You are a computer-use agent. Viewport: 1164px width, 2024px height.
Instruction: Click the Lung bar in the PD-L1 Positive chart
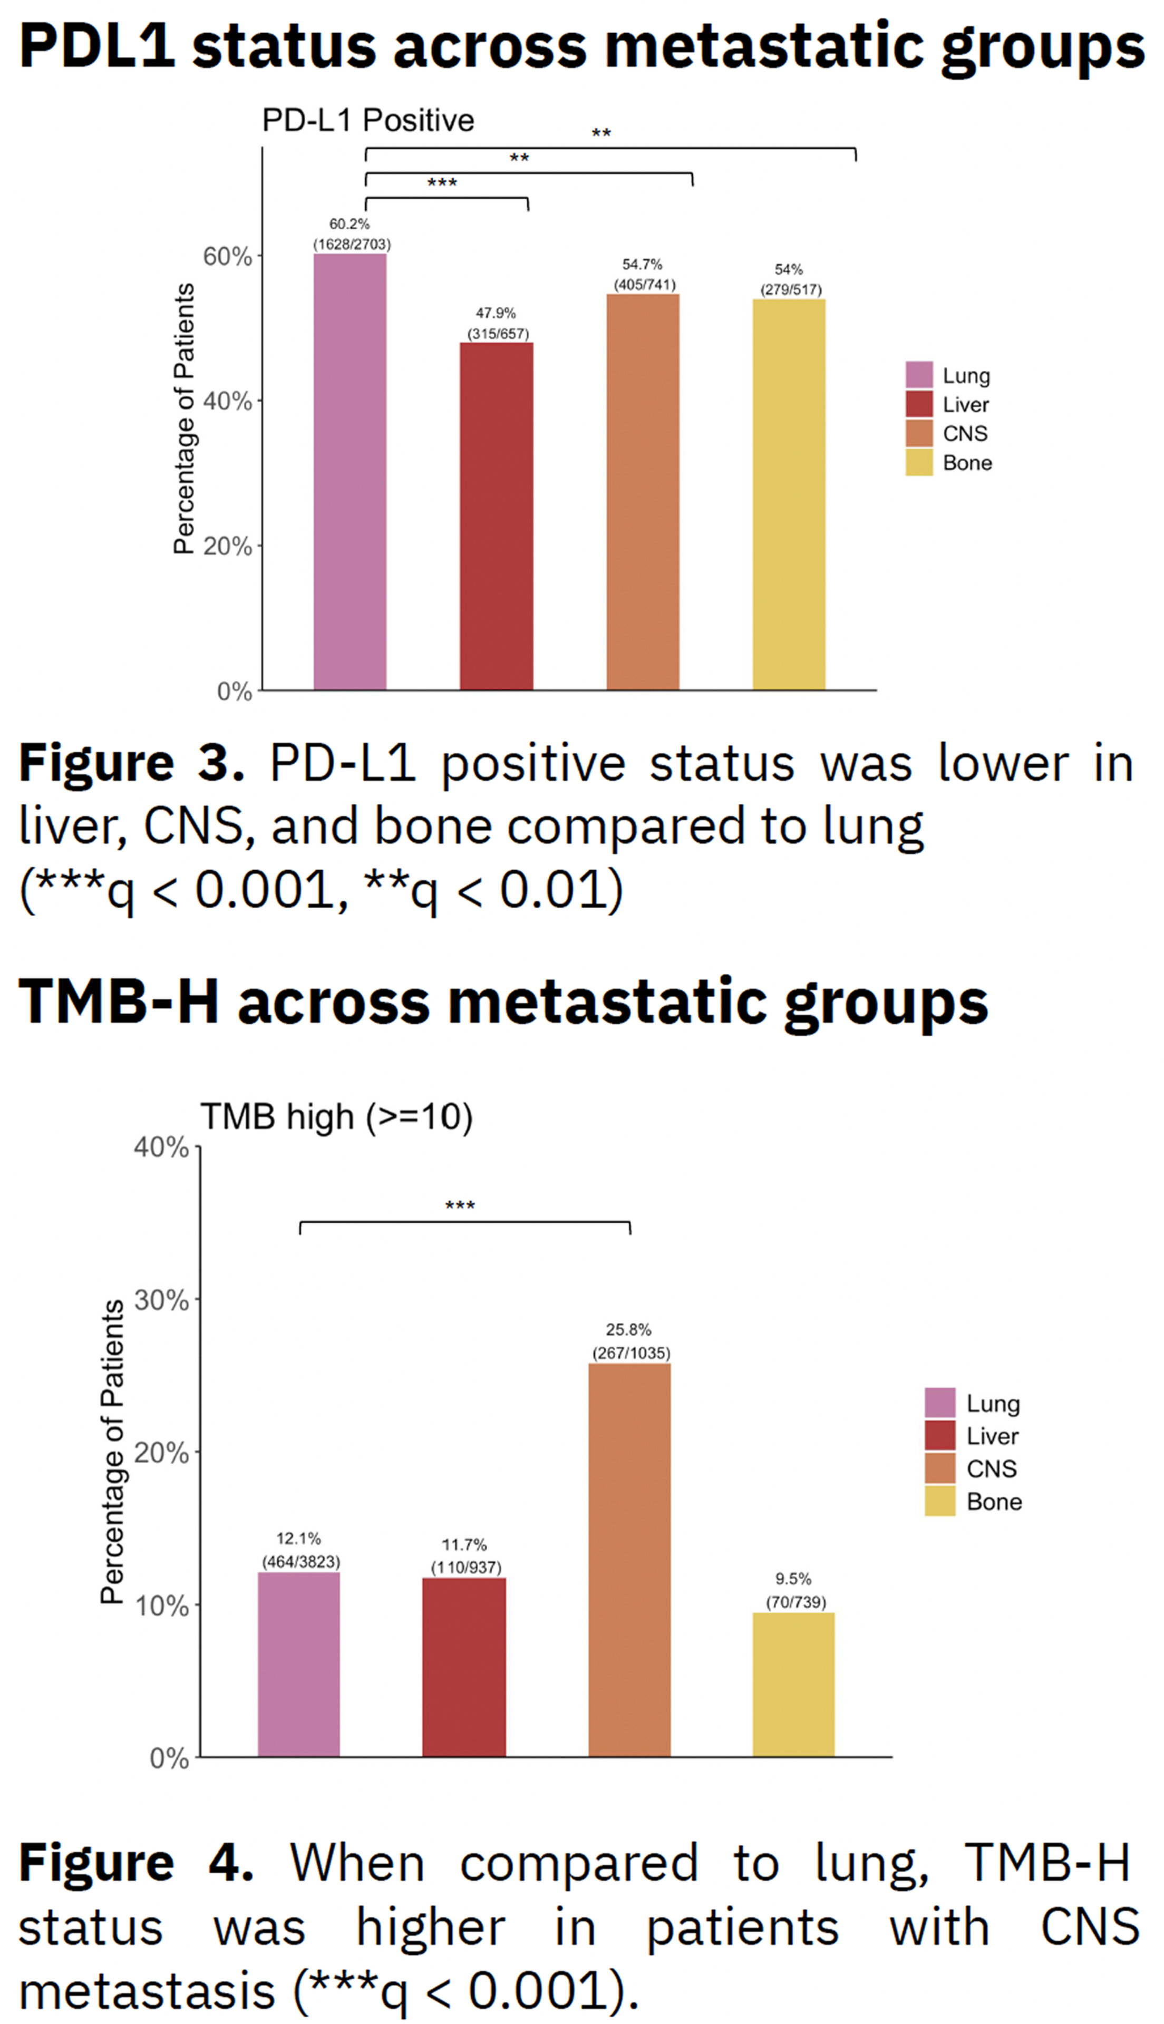tap(350, 471)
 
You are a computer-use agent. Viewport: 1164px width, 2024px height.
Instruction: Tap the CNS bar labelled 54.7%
tap(643, 491)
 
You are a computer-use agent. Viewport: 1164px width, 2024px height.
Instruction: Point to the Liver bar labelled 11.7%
tap(464, 1667)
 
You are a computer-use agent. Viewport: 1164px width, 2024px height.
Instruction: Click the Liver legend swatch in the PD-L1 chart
tap(918, 404)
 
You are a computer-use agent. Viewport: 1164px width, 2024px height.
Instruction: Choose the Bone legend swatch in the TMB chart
tap(939, 1501)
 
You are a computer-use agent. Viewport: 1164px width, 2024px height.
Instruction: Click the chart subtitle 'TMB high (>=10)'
tap(336, 1116)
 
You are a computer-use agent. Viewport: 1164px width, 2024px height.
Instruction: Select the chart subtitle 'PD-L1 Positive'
tap(368, 121)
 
